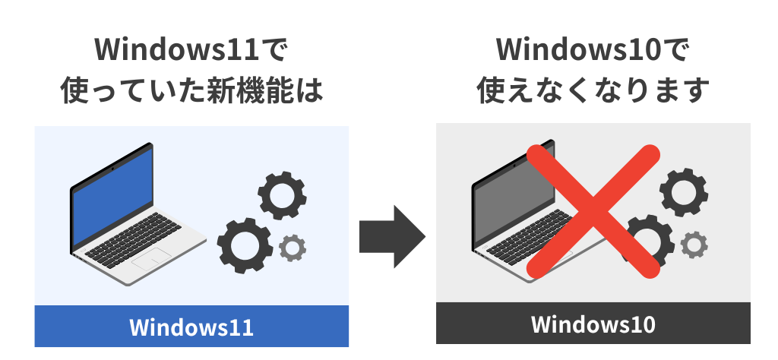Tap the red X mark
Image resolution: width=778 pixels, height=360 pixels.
pos(593,209)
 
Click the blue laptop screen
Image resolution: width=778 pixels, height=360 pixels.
pos(114,193)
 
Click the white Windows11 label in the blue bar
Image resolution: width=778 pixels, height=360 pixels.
pos(191,327)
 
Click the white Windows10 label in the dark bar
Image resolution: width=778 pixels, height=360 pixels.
pos(593,324)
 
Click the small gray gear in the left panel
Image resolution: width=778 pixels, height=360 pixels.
pos(293,247)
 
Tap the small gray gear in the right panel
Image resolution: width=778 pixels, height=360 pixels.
pos(693,244)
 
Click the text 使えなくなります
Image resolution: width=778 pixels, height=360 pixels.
pos(593,91)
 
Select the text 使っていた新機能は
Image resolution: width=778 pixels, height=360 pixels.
pos(191,91)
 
